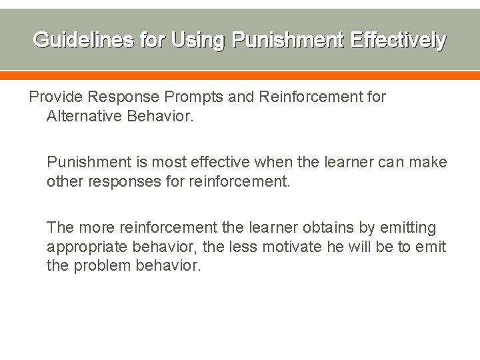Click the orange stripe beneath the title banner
pos(240,75)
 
